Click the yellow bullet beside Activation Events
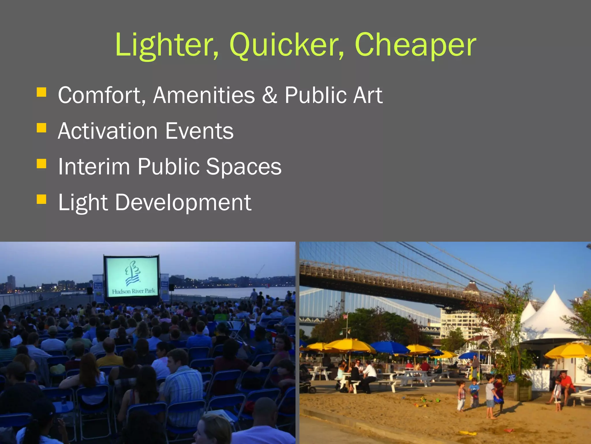point(42,128)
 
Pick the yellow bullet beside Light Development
point(42,199)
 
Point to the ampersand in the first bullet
point(270,95)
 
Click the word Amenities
point(204,95)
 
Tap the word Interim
point(94,167)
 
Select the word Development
point(183,203)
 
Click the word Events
point(199,131)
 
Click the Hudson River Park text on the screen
point(133,291)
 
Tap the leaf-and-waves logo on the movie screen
point(132,273)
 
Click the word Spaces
point(244,167)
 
